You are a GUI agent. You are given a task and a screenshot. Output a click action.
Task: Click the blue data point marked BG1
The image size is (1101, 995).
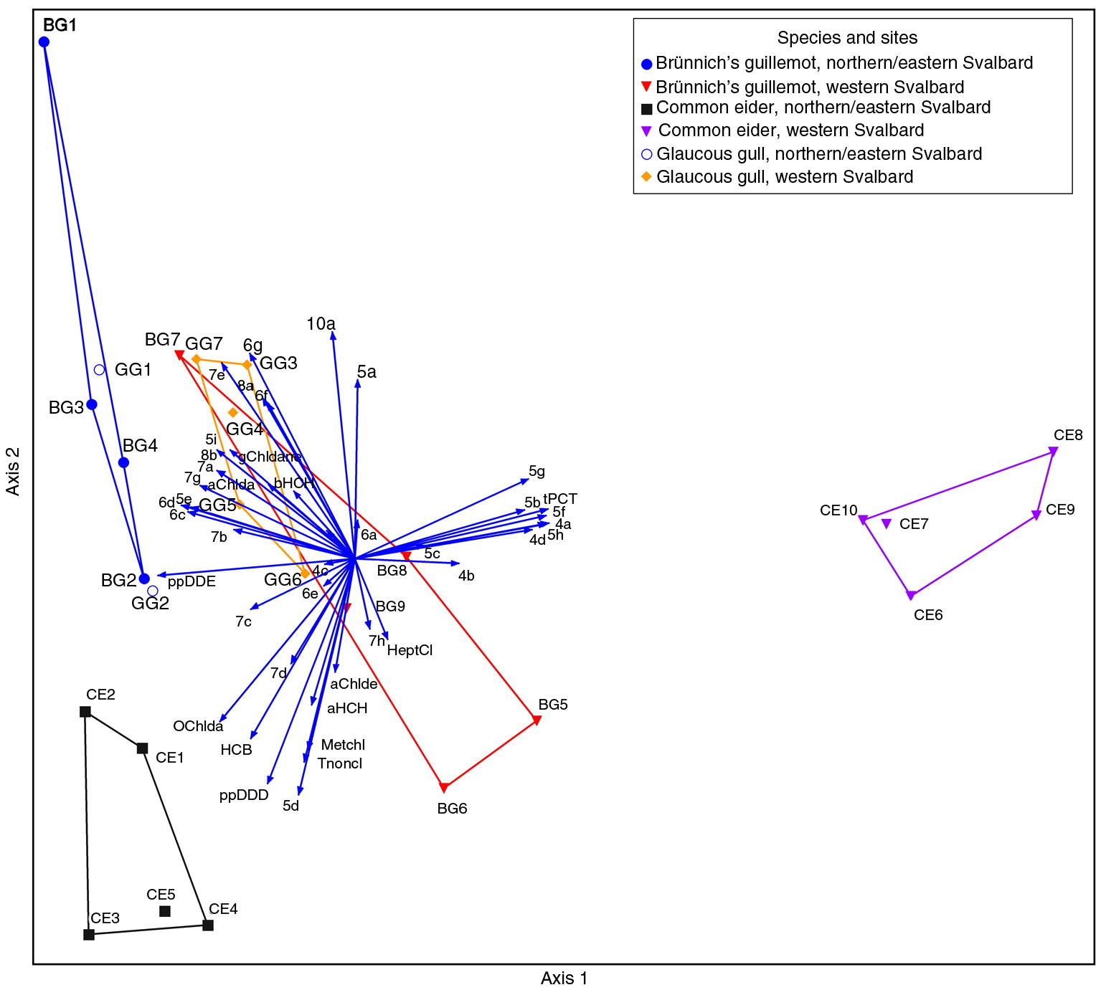pyautogui.click(x=44, y=42)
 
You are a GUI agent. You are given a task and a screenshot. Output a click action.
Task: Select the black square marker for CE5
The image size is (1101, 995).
pyautogui.click(x=165, y=911)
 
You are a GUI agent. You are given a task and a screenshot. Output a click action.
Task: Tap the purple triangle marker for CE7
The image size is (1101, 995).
pyautogui.click(x=887, y=524)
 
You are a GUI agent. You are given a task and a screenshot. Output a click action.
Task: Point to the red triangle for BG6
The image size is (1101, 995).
pyautogui.click(x=444, y=788)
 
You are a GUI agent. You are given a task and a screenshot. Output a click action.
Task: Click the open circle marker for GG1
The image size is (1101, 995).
pyautogui.click(x=100, y=370)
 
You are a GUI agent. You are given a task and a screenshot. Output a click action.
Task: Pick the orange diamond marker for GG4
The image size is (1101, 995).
pyautogui.click(x=232, y=413)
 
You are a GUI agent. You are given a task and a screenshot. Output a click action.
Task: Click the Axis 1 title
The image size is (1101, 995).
pyautogui.click(x=564, y=979)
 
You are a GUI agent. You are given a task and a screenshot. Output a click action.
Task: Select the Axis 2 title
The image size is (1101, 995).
pyautogui.click(x=13, y=471)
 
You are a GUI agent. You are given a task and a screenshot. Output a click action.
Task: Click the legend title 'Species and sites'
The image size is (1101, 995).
pyautogui.click(x=847, y=38)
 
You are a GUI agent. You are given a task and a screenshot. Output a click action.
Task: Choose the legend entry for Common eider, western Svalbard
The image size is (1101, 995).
pyautogui.click(x=790, y=130)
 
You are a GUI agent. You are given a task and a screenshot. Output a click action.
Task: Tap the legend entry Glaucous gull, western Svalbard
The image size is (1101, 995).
pyautogui.click(x=784, y=177)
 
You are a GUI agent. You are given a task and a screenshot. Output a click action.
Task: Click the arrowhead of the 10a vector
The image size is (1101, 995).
pyautogui.click(x=334, y=335)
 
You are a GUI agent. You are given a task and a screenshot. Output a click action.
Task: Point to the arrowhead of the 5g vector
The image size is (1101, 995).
pyautogui.click(x=527, y=480)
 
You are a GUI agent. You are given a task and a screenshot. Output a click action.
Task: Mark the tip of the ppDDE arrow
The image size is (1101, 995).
pyautogui.click(x=160, y=575)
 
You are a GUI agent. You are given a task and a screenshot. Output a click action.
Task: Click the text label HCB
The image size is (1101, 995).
pyautogui.click(x=236, y=750)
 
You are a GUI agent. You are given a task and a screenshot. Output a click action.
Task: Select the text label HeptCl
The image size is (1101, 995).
pyautogui.click(x=410, y=651)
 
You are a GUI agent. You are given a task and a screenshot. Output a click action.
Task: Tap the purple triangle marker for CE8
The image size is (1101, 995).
pyautogui.click(x=1053, y=451)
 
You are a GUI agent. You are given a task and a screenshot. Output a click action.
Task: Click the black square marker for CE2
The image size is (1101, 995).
pyautogui.click(x=85, y=712)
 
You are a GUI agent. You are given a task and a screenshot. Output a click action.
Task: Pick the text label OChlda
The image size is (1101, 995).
pyautogui.click(x=198, y=726)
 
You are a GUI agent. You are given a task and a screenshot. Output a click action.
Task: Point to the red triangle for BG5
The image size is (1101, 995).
pyautogui.click(x=537, y=720)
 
